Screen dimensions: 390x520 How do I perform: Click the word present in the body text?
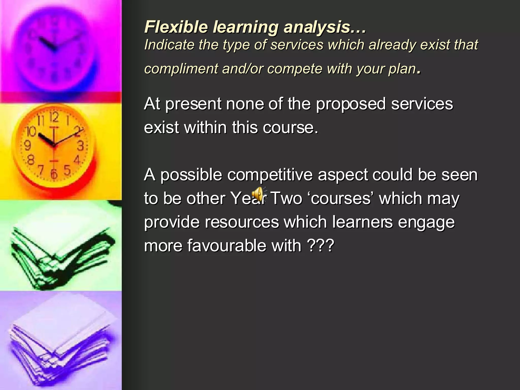(193, 104)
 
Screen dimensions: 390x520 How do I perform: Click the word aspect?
(343, 175)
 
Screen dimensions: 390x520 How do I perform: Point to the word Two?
(286, 198)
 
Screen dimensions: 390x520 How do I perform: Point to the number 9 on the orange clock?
(27, 146)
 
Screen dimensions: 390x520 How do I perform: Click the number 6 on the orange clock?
(54, 173)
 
